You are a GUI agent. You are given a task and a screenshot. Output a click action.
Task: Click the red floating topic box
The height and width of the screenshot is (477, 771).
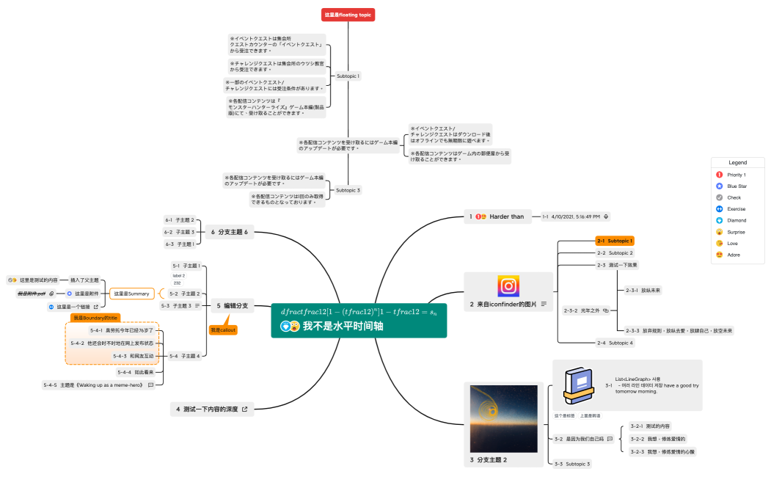point(348,15)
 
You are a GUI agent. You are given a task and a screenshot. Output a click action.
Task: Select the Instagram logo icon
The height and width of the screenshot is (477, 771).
point(508,287)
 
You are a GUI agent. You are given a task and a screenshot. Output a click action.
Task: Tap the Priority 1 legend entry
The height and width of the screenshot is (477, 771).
point(736,175)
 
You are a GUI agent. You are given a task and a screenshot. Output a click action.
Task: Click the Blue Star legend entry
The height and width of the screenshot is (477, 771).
point(737,186)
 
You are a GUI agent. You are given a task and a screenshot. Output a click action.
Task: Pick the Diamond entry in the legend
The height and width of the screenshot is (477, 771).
point(736,220)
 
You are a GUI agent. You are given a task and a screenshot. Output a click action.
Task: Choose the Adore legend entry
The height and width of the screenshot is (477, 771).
point(734,255)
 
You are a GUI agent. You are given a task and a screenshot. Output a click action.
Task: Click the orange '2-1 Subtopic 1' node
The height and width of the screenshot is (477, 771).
point(614,241)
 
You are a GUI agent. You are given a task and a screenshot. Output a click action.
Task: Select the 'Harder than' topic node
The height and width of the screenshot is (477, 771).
point(506,216)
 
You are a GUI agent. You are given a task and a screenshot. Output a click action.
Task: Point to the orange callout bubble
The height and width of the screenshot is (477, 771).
point(223,330)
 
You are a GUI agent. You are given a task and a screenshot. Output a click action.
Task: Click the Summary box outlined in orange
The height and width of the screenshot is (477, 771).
point(132,294)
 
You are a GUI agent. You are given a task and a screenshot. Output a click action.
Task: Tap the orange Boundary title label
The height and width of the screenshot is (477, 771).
point(95,318)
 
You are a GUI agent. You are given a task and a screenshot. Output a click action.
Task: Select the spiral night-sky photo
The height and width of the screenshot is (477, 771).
point(503,418)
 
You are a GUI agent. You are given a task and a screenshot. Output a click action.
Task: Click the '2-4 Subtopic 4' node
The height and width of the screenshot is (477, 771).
point(615,343)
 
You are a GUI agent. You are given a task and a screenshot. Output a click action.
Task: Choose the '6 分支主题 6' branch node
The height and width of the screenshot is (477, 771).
point(230,232)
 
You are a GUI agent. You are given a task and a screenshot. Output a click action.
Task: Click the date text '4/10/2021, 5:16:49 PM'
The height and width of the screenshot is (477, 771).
point(575,216)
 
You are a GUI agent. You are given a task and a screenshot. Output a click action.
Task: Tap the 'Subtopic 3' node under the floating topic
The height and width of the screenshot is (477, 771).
point(348,190)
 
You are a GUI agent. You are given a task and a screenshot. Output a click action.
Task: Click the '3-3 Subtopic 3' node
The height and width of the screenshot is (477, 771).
point(572,464)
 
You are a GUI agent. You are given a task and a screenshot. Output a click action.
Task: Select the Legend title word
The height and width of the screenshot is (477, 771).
point(737,162)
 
